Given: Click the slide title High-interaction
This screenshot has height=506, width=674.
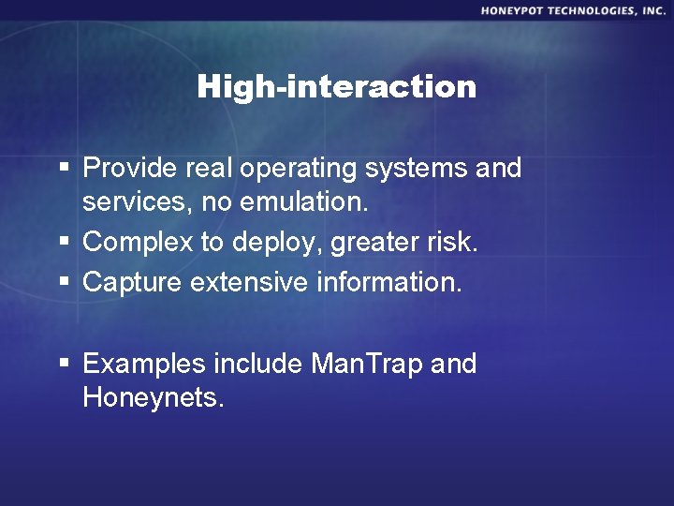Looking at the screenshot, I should point(336,87).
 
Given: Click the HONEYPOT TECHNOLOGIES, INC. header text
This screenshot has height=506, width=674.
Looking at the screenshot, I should point(573,10).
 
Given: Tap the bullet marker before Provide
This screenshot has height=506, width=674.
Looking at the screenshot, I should point(63,169).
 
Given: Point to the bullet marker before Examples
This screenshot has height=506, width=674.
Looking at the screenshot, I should point(63,364).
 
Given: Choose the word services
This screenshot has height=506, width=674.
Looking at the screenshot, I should point(131,203).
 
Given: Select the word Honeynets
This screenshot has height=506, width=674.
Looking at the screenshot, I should point(154,397).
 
